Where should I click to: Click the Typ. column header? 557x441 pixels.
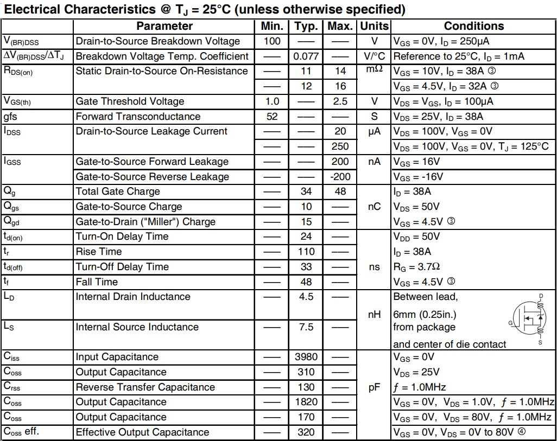(x=306, y=26)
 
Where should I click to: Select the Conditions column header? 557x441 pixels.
(x=473, y=26)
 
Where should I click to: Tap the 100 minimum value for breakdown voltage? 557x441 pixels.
(x=271, y=41)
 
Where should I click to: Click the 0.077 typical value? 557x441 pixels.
(x=306, y=56)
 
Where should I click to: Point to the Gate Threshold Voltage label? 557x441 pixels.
(x=130, y=101)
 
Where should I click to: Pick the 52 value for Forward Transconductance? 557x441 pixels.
(x=271, y=117)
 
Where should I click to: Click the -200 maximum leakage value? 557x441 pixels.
(x=340, y=177)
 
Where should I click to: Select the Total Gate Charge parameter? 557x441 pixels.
(x=118, y=191)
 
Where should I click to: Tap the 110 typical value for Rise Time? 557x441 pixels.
(x=306, y=252)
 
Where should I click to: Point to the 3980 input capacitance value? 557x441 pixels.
(x=306, y=357)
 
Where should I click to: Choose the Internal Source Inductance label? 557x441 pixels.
(x=137, y=327)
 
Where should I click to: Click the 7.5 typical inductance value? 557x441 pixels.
(x=306, y=327)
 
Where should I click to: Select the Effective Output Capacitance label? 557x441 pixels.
(x=142, y=432)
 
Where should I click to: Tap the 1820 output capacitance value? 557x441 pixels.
(x=306, y=402)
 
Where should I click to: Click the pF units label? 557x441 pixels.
(x=375, y=387)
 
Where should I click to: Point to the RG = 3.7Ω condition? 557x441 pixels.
(x=416, y=267)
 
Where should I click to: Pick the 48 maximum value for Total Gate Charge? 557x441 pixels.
(x=340, y=191)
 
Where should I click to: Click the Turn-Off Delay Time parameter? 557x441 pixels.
(x=122, y=267)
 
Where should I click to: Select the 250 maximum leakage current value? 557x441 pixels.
(x=340, y=146)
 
